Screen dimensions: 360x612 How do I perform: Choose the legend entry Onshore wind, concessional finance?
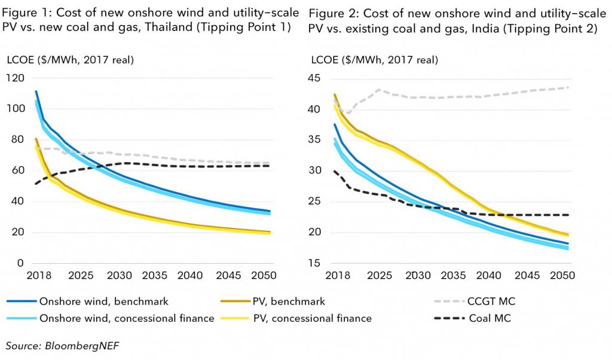pyautogui.click(x=126, y=318)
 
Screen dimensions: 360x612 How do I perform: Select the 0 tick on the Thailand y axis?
pyautogui.click(x=20, y=263)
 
